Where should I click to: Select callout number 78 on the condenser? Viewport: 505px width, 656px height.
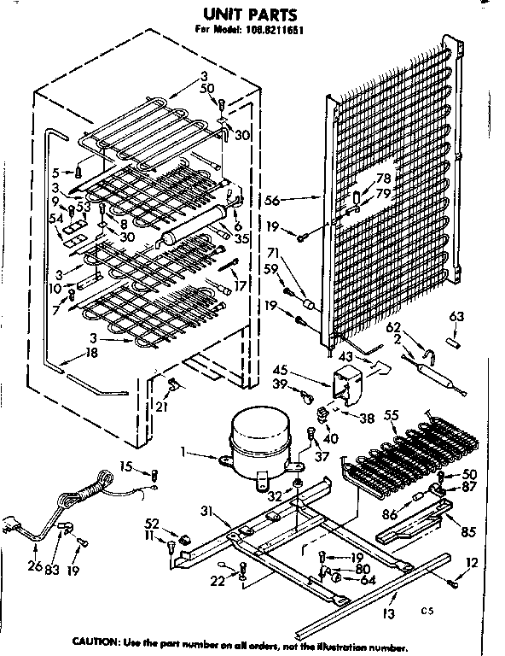384,178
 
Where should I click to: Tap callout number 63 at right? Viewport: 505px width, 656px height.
456,317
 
